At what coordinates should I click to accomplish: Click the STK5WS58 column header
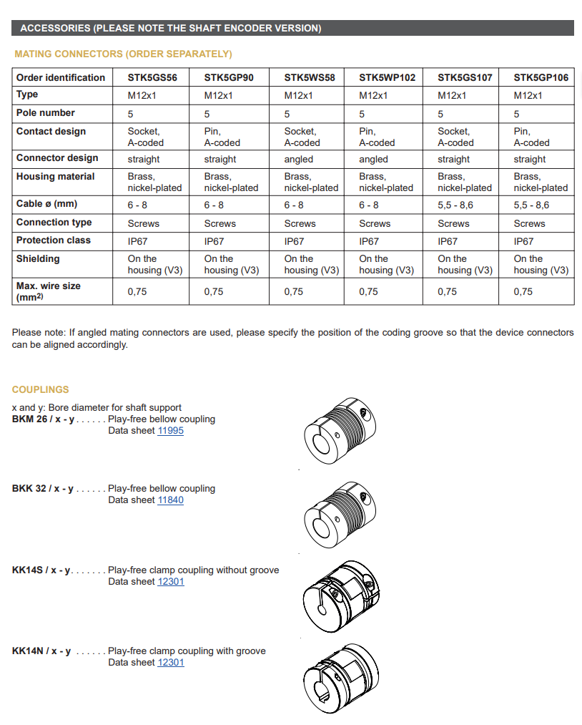309,77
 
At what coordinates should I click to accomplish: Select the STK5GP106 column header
541,77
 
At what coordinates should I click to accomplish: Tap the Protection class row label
54,240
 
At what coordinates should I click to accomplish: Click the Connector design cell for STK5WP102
373,160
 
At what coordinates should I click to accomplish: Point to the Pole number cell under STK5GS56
131,114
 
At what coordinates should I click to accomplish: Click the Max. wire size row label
48,290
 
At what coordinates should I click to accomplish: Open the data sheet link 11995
170,431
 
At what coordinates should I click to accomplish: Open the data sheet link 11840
170,500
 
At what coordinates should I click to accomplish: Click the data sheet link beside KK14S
170,582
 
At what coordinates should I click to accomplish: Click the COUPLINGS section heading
41,389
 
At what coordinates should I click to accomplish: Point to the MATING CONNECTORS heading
123,54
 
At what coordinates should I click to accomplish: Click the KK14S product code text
41,570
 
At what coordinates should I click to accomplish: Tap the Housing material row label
55,177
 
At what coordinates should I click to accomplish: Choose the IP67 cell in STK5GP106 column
523,242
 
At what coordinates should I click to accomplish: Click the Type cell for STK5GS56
142,96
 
